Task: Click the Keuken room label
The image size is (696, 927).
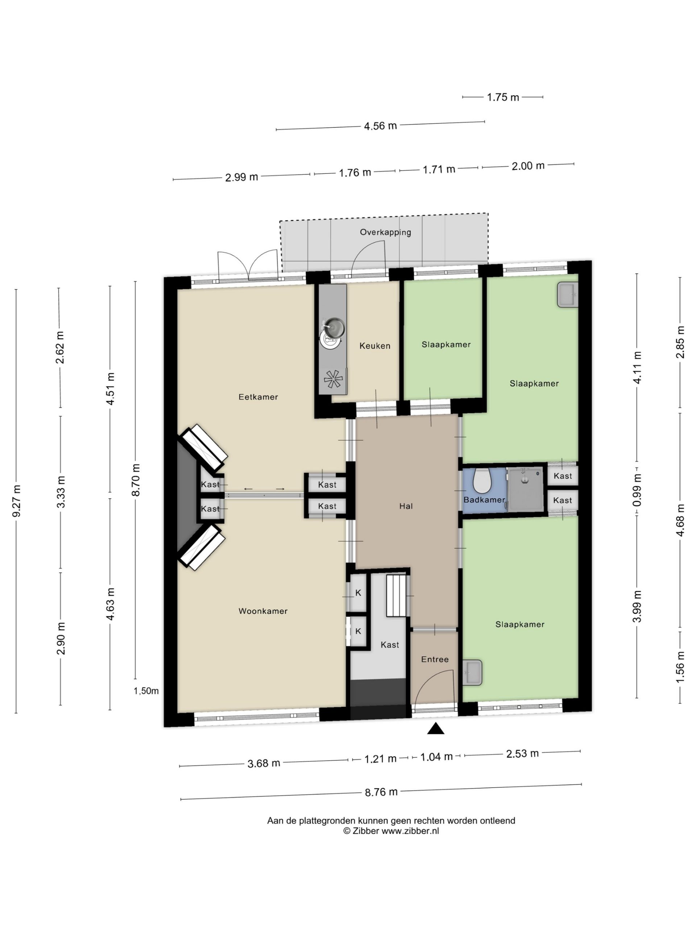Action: (374, 346)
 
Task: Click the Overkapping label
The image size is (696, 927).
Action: (385, 232)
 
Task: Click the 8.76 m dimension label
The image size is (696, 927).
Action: (381, 792)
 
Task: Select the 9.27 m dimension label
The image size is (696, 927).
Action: (17, 500)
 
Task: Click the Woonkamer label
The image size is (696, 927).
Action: (263, 611)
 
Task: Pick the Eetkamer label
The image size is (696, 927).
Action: (258, 397)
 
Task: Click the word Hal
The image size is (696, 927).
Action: (406, 506)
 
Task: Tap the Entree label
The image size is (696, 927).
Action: (435, 659)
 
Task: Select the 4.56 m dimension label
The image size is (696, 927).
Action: (380, 126)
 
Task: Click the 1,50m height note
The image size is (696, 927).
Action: (146, 691)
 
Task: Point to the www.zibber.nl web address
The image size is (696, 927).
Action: (410, 831)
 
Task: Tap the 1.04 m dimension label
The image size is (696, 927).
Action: (436, 757)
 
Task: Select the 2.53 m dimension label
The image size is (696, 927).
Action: (522, 754)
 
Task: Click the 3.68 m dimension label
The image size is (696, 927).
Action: (264, 763)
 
